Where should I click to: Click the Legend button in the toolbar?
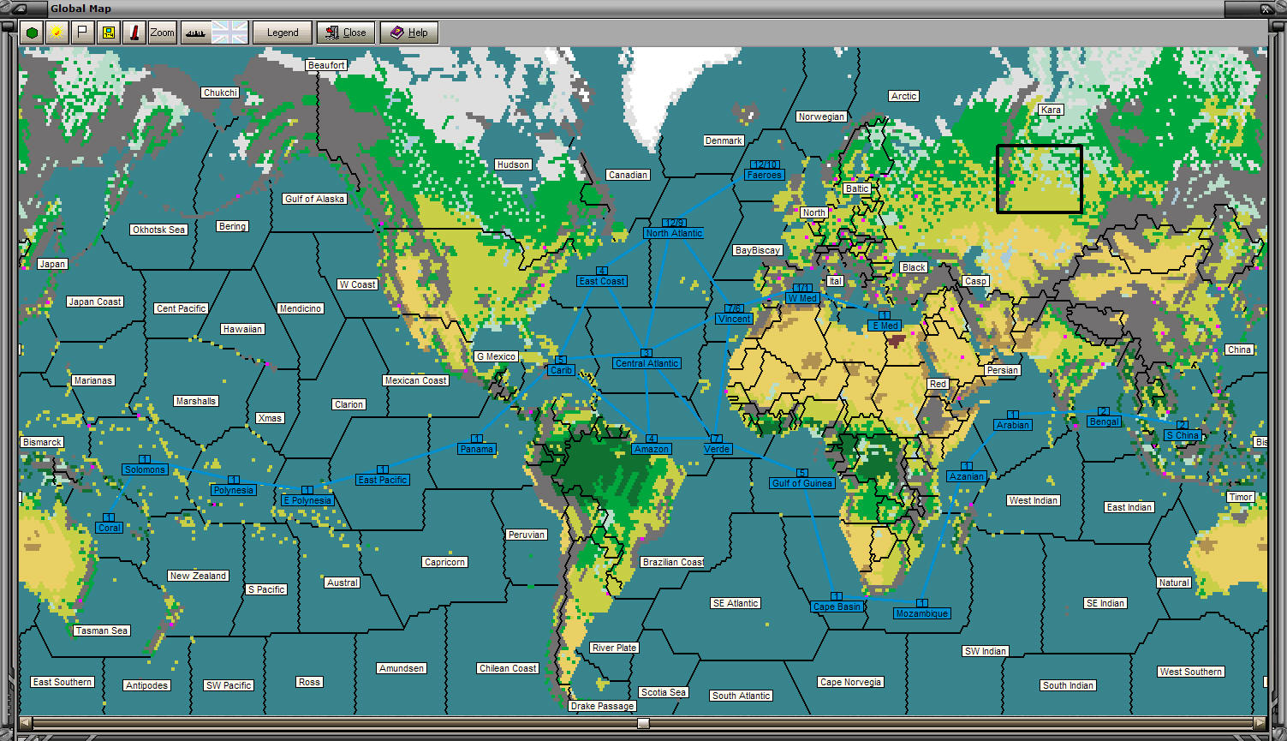pos(283,33)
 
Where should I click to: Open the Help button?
pos(409,33)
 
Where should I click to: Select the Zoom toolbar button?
pos(162,33)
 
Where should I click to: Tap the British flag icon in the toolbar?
pos(229,33)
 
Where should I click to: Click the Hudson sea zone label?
pos(513,164)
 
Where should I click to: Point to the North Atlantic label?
pos(674,233)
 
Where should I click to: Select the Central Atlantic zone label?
pos(646,363)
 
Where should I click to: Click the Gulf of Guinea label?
pos(802,483)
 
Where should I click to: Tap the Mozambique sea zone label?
pos(921,613)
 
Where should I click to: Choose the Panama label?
pos(476,449)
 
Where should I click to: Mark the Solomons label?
pos(145,469)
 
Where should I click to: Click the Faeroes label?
pos(764,175)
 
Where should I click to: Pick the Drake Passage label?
pos(602,706)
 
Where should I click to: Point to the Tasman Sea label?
pos(101,630)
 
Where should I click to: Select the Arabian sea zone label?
pos(1013,425)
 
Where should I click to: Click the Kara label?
pos(1051,110)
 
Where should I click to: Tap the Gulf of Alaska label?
pos(314,199)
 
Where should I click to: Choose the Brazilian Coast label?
pos(672,562)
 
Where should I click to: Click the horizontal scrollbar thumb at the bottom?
pos(643,723)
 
